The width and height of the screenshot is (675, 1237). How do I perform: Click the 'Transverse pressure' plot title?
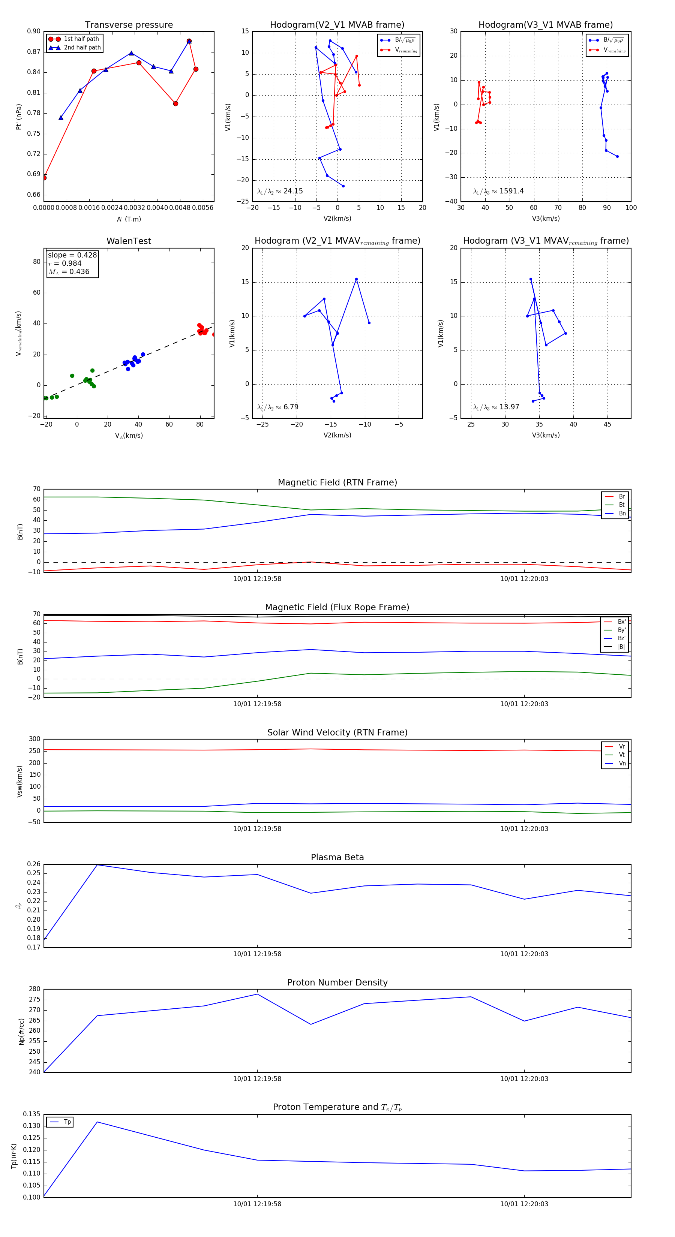pyautogui.click(x=129, y=25)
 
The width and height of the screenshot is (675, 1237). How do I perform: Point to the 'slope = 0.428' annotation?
pyautogui.click(x=72, y=255)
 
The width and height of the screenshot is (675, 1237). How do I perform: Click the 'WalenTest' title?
pyautogui.click(x=129, y=241)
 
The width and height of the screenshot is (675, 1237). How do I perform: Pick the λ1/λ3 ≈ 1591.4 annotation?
pyautogui.click(x=498, y=191)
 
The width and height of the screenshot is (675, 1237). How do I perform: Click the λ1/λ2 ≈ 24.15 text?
pyautogui.click(x=280, y=191)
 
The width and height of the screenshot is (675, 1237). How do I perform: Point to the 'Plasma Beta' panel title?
pyautogui.click(x=337, y=857)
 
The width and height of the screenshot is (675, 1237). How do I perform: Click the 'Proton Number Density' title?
pyautogui.click(x=337, y=982)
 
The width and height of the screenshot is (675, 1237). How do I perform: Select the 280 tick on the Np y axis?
pyautogui.click(x=34, y=989)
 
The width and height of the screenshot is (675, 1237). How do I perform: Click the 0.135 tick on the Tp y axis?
pyautogui.click(x=32, y=1114)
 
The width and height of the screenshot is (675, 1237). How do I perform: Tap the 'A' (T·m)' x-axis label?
pyautogui.click(x=129, y=219)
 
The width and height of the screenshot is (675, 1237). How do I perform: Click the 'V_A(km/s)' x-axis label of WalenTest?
pyautogui.click(x=129, y=436)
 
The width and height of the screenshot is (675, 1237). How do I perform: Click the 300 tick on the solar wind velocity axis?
pyautogui.click(x=34, y=739)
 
